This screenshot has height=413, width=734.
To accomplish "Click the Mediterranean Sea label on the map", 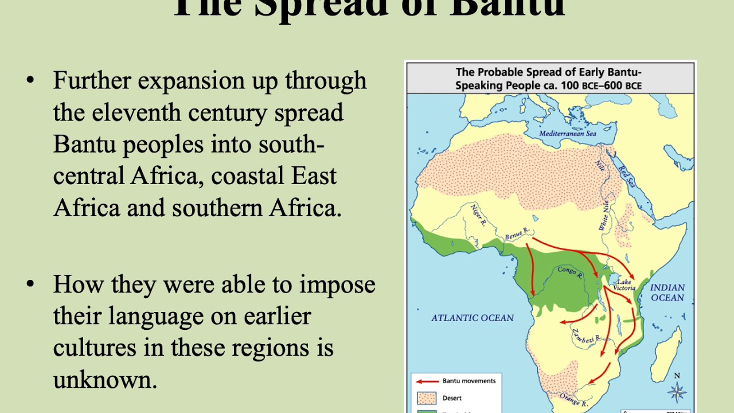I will pos(568,134).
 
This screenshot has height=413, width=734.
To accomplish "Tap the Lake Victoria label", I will pos(624,284).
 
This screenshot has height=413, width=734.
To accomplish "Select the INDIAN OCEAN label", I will pos(667,293).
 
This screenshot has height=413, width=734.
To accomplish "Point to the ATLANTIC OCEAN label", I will pos(473,318).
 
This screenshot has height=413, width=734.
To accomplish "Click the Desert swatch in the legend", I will pos(427,398).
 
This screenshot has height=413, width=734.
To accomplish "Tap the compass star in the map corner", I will pos(677,392).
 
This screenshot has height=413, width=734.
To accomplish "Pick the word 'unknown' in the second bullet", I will pos(105,379).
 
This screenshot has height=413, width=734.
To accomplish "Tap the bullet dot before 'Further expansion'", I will pos(30,81).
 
